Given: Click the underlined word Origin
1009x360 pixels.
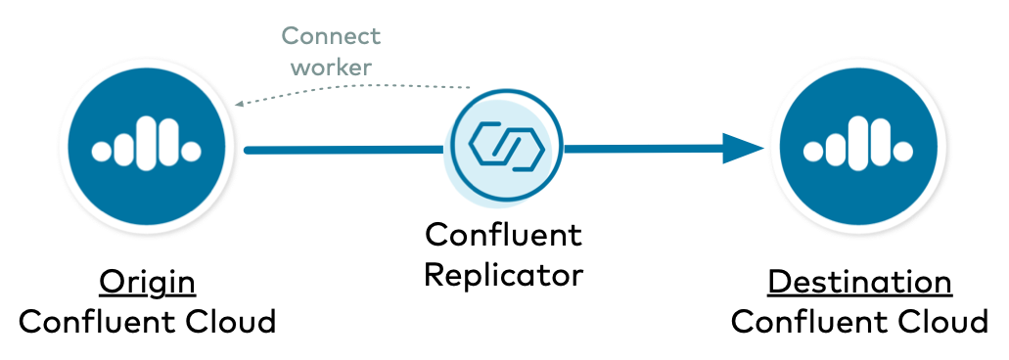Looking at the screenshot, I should point(148,282).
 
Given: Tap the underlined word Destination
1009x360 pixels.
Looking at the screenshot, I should point(859,282).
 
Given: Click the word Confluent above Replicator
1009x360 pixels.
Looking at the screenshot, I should point(503,235).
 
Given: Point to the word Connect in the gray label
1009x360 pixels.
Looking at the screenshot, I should point(331,37).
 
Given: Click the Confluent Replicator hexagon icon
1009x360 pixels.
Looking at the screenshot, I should point(505,148).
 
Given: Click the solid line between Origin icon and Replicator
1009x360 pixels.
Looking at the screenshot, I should point(343,150).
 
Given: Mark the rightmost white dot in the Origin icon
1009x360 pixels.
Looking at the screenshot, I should point(193,151).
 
